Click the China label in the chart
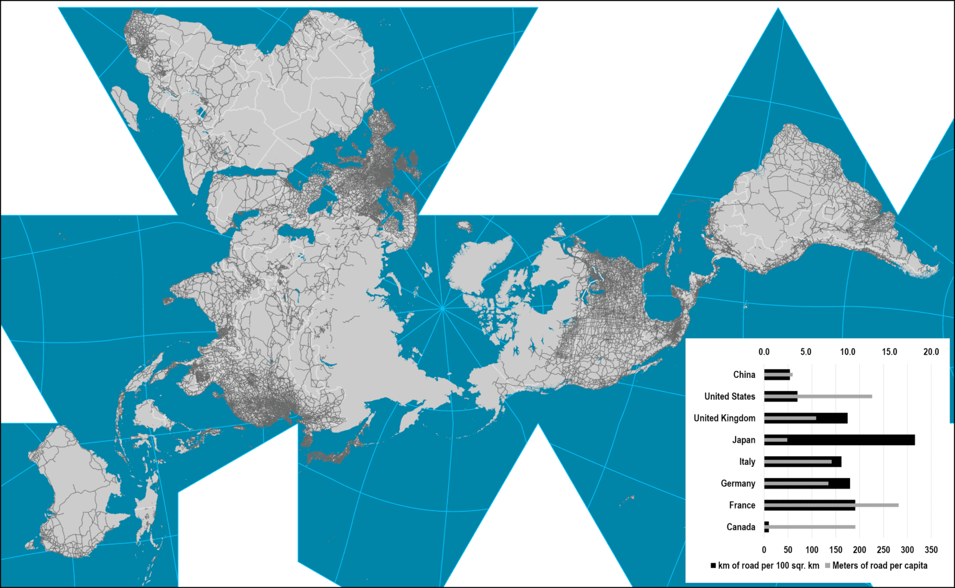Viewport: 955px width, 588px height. click(x=744, y=375)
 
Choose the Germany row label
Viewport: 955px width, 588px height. click(x=737, y=484)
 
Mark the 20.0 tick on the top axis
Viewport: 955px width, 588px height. click(x=931, y=352)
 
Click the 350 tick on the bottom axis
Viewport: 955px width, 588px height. click(x=931, y=550)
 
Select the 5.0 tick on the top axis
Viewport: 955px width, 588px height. click(x=806, y=352)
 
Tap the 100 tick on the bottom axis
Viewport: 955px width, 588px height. click(x=812, y=550)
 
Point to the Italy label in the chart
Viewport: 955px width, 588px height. click(x=747, y=462)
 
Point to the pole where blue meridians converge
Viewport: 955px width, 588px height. click(x=442, y=307)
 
